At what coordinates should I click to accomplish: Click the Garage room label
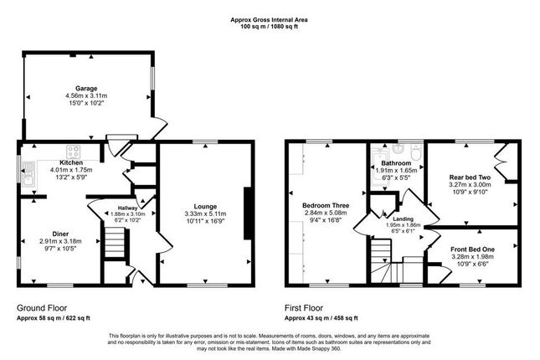[86, 89]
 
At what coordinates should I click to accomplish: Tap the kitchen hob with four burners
[74, 152]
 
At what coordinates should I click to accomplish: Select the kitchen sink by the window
[27, 174]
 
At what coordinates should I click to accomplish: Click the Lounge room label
[205, 207]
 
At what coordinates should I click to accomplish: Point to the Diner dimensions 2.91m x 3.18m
[60, 241]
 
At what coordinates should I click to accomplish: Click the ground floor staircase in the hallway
[115, 242]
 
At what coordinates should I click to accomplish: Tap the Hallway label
[128, 208]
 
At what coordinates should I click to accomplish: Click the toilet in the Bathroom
[416, 152]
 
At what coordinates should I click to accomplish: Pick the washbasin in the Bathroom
[399, 148]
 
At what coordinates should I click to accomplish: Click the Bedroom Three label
[326, 206]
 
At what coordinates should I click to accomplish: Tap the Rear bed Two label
[470, 177]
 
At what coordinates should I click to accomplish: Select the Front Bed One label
[472, 249]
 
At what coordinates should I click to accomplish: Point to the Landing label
[404, 219]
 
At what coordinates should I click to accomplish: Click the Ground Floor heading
[42, 308]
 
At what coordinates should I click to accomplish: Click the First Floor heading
[304, 308]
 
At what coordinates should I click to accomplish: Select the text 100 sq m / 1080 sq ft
[269, 27]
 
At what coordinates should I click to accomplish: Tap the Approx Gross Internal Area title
[269, 20]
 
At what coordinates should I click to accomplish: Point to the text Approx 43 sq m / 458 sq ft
[321, 318]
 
